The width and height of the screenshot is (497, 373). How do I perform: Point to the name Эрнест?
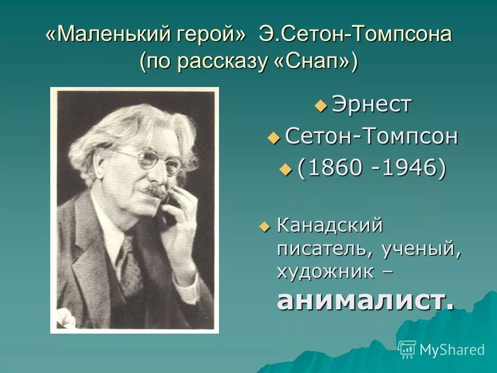point(371,105)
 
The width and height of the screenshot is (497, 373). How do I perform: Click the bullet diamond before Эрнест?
point(321,106)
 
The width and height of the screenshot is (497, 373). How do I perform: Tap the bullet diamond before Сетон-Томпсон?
point(273,138)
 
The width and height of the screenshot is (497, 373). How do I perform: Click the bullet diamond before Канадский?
point(265,226)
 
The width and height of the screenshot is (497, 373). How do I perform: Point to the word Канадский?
point(330,226)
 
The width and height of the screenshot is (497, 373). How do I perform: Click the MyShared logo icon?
point(407,350)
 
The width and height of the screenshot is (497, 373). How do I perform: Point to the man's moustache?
point(155,191)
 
